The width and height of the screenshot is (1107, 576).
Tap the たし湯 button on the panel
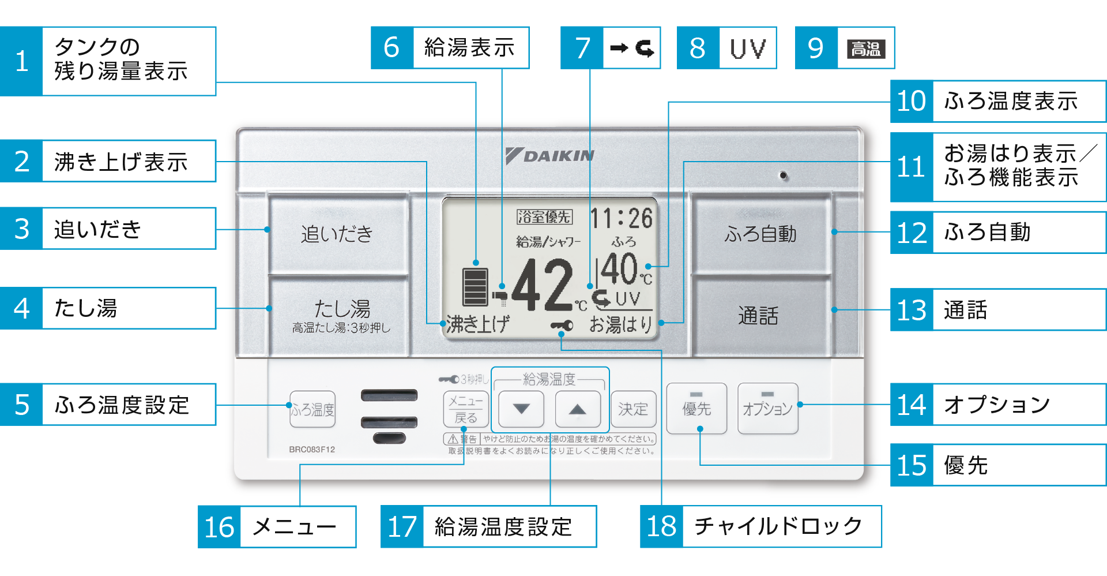(340, 315)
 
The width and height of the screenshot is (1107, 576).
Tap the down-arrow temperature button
(521, 409)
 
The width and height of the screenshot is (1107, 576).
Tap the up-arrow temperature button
(577, 409)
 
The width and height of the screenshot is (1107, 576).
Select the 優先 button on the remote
(696, 409)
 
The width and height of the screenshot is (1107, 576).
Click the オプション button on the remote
(767, 409)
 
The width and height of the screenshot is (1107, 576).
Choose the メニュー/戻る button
(466, 409)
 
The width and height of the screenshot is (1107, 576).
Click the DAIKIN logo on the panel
(550, 156)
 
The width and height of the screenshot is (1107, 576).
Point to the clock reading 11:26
(622, 219)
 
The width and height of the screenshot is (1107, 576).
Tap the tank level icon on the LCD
(476, 286)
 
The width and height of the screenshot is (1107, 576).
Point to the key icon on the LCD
(562, 326)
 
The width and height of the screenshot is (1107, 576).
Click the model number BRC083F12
(312, 450)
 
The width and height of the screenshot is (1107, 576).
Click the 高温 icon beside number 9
(866, 48)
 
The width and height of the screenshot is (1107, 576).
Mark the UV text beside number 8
(748, 48)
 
